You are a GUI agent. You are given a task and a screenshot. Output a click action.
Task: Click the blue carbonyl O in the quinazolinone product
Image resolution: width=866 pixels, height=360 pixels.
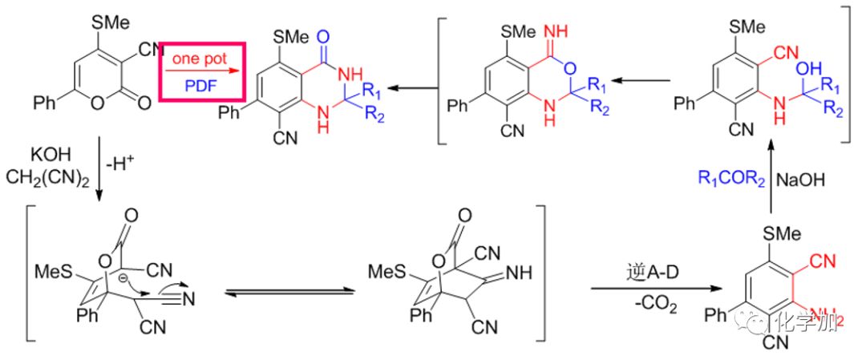323,35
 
